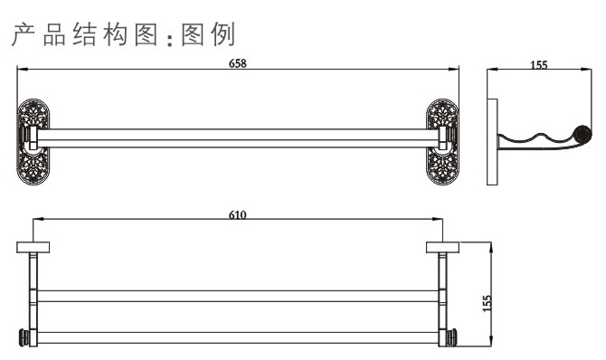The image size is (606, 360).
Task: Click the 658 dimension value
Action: (238, 63)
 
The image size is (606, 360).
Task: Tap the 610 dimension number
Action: (238, 214)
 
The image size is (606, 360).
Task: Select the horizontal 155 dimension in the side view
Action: (539, 65)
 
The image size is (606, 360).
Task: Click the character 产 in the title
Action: (24, 35)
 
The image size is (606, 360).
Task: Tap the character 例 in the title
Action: (223, 35)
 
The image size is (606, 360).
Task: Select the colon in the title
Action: (168, 39)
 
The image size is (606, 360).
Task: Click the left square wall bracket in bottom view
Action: (33, 247)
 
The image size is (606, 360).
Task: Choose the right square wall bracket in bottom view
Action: (441, 247)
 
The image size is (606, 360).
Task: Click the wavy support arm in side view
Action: (538, 141)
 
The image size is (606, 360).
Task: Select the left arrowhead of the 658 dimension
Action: (23, 71)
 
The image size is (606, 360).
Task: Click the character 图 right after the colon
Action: (191, 35)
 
